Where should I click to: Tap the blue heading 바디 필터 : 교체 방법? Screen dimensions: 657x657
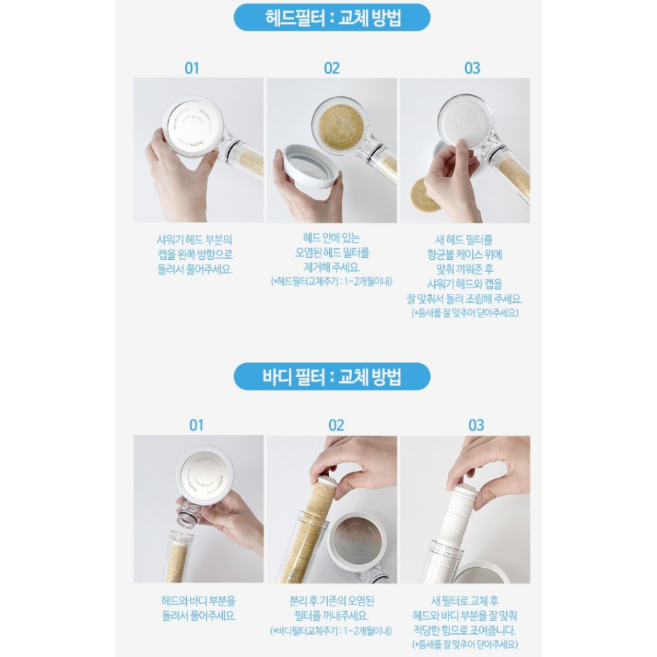(332, 376)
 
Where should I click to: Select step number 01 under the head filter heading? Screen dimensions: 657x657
(192, 68)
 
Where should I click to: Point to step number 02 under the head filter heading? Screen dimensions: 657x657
(332, 68)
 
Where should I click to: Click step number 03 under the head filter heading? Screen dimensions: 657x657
(472, 68)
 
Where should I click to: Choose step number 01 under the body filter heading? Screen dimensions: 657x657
(196, 425)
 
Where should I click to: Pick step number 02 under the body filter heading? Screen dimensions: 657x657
(336, 425)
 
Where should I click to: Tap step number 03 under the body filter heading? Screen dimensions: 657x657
(476, 425)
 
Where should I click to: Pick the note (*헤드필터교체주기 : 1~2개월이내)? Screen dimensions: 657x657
(332, 281)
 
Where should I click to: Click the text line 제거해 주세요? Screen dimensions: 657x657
(332, 267)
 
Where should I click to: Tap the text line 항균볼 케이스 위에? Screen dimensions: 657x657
(465, 254)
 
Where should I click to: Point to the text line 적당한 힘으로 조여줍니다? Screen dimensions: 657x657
(465, 630)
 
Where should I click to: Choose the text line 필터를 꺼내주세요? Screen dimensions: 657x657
(331, 615)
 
